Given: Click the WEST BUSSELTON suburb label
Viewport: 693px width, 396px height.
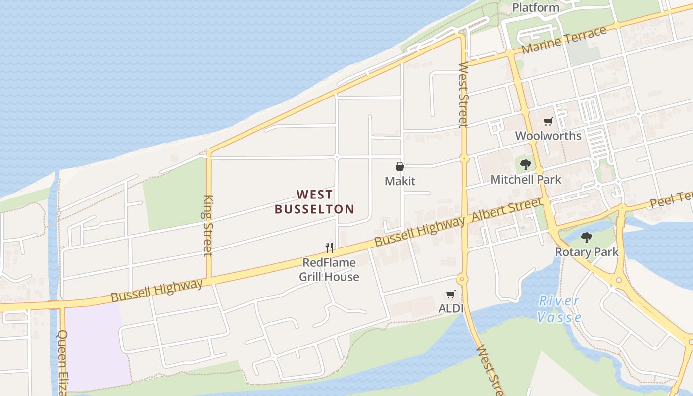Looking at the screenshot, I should pyautogui.click(x=314, y=201).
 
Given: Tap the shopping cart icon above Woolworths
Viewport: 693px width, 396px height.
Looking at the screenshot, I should pyautogui.click(x=548, y=121).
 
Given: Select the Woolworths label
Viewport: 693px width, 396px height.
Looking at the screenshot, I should pyautogui.click(x=548, y=136).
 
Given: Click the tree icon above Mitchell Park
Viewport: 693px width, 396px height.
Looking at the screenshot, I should pyautogui.click(x=526, y=164).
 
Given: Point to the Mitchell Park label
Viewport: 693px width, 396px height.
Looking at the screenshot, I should pyautogui.click(x=526, y=179).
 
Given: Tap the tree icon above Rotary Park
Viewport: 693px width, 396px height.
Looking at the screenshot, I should pyautogui.click(x=587, y=238).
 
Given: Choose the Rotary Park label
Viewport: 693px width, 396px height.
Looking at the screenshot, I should pyautogui.click(x=587, y=252).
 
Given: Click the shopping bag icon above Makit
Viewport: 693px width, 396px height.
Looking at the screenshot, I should pyautogui.click(x=400, y=167).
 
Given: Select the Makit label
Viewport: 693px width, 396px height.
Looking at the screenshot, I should pyautogui.click(x=400, y=181).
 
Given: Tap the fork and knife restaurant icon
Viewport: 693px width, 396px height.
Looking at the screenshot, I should pyautogui.click(x=329, y=247).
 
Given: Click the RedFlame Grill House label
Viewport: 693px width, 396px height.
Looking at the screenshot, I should pyautogui.click(x=329, y=269).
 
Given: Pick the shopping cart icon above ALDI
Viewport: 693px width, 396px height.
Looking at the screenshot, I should pyautogui.click(x=450, y=295).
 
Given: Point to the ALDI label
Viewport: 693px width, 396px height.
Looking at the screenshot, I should pyautogui.click(x=450, y=308).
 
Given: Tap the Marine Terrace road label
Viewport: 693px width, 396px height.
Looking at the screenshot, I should pyautogui.click(x=564, y=41).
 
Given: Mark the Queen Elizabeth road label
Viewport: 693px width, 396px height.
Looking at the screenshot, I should pyautogui.click(x=62, y=361).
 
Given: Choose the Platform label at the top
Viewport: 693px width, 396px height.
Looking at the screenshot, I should pyautogui.click(x=536, y=7).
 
